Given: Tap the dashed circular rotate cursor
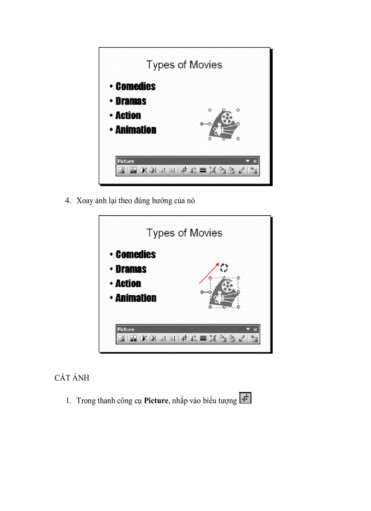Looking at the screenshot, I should (224, 267).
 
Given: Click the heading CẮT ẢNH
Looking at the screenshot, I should (69, 379).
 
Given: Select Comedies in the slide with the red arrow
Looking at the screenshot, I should (135, 254).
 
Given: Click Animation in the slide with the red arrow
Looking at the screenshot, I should (135, 298).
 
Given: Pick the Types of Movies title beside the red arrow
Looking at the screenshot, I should (184, 233).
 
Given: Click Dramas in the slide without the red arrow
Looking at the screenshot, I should (131, 101).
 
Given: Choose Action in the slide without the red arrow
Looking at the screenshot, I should (128, 116).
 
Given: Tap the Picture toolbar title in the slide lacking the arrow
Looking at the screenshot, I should (126, 161).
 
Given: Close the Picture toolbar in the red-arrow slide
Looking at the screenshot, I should (255, 329).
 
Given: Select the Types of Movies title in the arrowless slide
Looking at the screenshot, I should (184, 65).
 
